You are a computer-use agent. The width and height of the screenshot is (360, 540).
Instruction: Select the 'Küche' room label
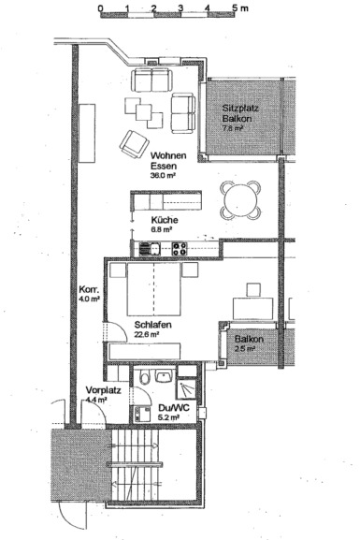[164, 218]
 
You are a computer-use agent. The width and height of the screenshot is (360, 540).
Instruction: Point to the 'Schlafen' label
[128, 323]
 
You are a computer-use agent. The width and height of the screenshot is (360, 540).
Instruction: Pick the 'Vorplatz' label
[100, 390]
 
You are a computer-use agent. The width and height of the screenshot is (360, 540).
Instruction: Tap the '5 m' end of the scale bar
[238, 7]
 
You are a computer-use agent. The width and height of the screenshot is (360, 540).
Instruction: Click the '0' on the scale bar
[100, 7]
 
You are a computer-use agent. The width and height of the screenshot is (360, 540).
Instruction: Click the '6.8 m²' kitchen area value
[162, 228]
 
